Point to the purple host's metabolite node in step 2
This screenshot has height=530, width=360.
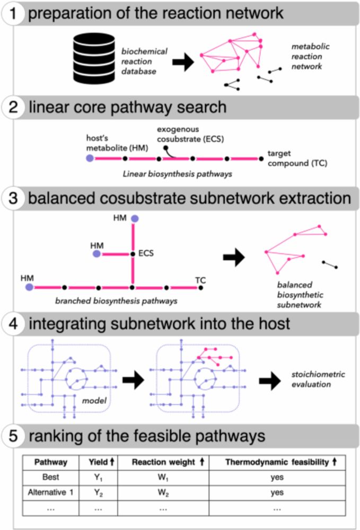click(90, 158)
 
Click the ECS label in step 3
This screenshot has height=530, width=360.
click(145, 253)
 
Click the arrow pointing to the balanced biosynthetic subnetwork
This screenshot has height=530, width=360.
click(233, 258)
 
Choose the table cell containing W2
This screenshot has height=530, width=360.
click(163, 492)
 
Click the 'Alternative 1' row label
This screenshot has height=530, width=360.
click(49, 492)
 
